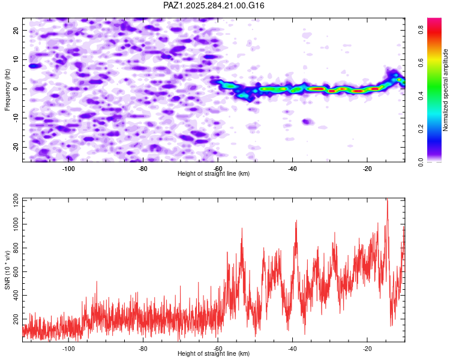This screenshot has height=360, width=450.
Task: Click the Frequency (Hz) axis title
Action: pos(7,89)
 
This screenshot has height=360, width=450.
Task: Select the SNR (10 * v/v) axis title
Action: pos(7,269)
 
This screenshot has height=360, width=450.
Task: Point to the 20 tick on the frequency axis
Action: pos(16,30)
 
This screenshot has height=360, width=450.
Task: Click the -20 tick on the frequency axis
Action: pos(15,147)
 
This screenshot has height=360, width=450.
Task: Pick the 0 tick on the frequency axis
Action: pos(18,89)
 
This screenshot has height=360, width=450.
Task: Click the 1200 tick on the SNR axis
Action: pos(11,200)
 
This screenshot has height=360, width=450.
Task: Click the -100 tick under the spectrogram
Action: pos(68,168)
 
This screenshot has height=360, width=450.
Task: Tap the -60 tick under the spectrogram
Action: pos(218,168)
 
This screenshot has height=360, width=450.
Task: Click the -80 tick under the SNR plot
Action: pos(143,349)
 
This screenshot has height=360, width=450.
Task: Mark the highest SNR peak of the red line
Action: pos(387,200)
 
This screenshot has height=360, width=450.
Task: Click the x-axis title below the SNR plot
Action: pos(214,354)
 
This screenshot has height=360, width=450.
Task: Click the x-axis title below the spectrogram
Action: pos(214,173)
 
